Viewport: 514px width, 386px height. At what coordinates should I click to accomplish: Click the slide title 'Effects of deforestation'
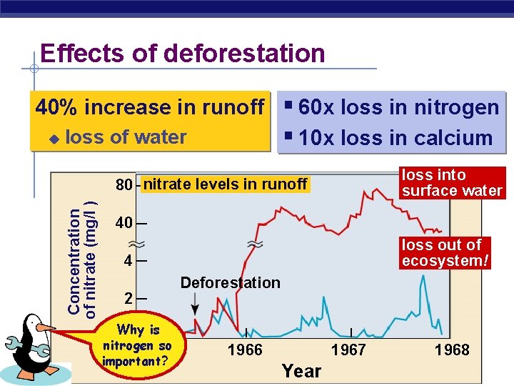coord(182,54)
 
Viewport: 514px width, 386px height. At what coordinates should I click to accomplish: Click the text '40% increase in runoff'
coord(151,107)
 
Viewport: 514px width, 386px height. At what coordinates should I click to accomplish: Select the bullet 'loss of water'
coord(126,137)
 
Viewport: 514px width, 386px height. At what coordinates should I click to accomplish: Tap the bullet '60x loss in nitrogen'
coord(398,107)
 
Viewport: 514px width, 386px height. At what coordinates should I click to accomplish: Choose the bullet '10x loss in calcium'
coord(395,138)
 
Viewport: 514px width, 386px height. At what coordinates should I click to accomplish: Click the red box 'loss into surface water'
coord(452,182)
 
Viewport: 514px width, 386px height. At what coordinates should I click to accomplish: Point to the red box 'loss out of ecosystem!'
coord(446,253)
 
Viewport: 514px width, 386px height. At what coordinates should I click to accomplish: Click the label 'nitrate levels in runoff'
coord(226,185)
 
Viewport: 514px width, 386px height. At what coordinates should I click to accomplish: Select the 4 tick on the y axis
coord(128,261)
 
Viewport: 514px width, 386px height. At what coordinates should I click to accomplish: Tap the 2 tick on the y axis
coord(128,298)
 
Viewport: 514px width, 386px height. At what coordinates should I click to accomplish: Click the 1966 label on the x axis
coord(245,350)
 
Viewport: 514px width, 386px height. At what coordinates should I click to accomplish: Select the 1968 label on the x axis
coord(452,350)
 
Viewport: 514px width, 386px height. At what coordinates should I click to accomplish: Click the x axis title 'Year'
coord(301,371)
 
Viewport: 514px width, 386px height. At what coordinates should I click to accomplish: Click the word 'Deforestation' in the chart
coord(230,282)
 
